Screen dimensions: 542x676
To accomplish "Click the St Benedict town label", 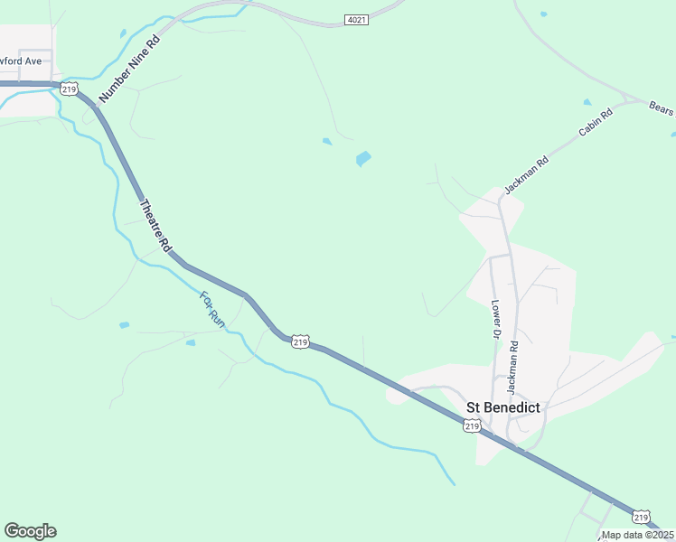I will click(x=502, y=407).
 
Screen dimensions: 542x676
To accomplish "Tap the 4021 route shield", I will click(x=357, y=19).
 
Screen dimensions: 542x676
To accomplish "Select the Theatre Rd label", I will click(x=154, y=225).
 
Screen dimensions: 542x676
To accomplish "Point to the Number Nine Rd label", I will click(x=128, y=69).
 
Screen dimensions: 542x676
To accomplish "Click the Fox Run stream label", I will click(x=211, y=307).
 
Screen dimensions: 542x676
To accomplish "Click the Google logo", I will click(x=30, y=531).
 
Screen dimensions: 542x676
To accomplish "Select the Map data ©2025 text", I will click(x=638, y=535).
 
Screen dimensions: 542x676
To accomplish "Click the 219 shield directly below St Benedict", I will click(x=471, y=425).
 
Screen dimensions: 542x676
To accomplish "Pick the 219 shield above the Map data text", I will click(x=641, y=517).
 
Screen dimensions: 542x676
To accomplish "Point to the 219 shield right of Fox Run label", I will click(x=301, y=341).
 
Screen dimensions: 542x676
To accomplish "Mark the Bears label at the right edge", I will click(x=662, y=108).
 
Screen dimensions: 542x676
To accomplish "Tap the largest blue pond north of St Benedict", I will click(x=363, y=159).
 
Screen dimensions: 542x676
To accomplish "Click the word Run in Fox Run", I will click(x=216, y=316).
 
